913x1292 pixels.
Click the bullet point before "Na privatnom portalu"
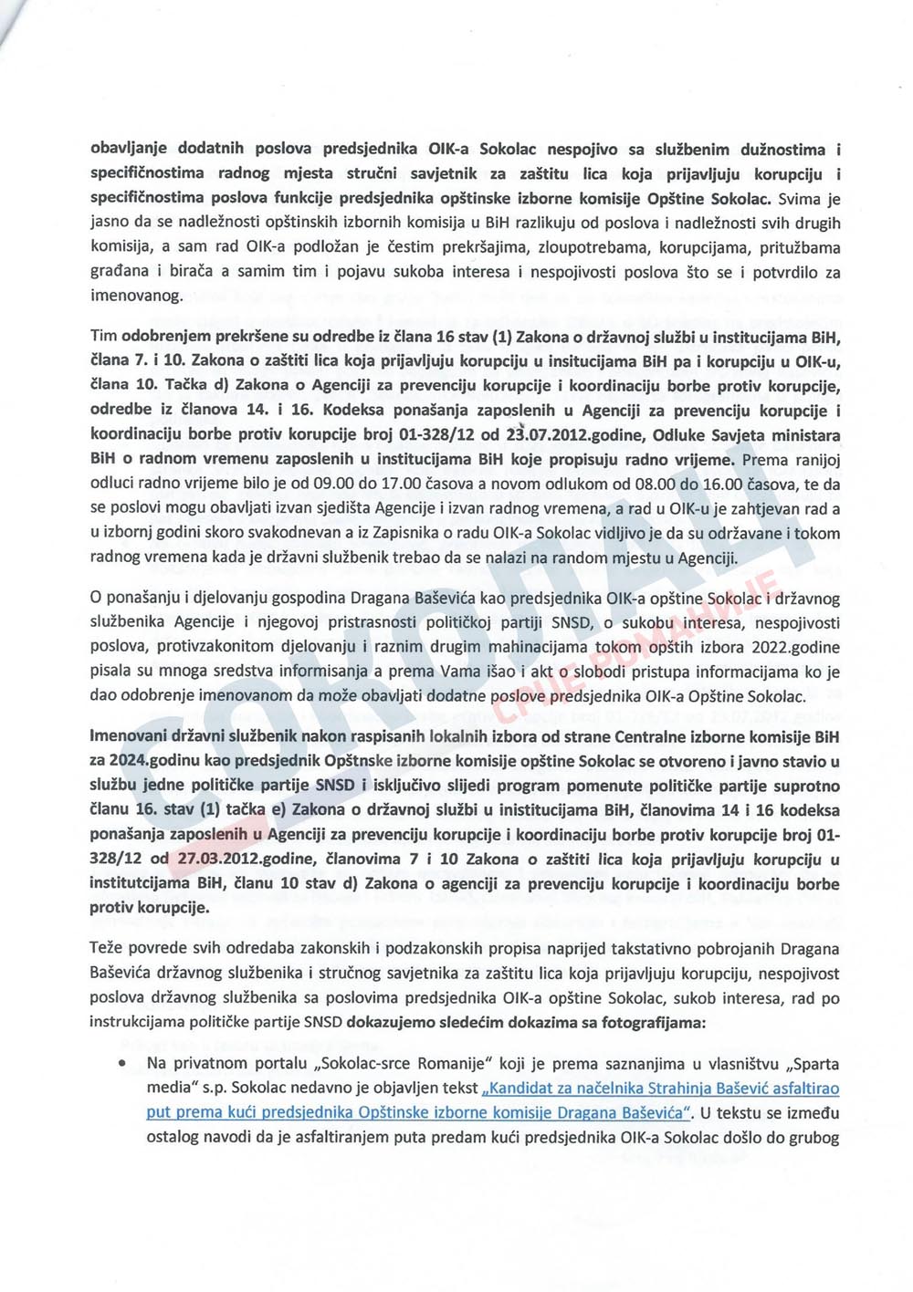pyautogui.click(x=121, y=1065)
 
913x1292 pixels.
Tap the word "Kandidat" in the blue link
pyautogui.click(x=522, y=1089)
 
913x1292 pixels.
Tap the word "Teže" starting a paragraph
pyautogui.click(x=107, y=949)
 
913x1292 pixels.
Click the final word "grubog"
pyautogui.click(x=812, y=1138)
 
